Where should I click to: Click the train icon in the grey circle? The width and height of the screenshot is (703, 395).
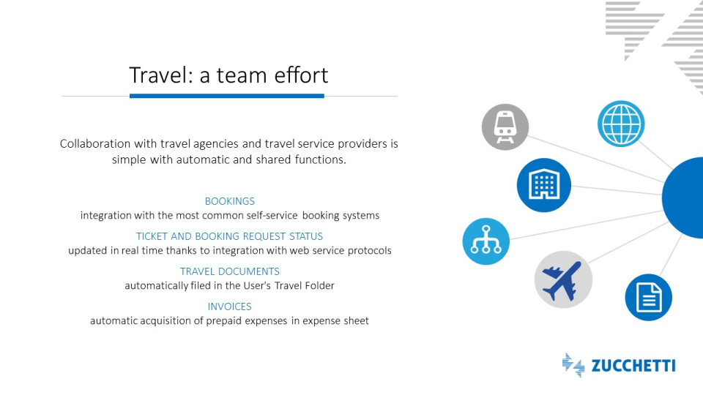[505, 127]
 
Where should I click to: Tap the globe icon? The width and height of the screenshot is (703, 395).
[621, 124]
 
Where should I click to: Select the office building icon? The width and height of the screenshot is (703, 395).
[544, 184]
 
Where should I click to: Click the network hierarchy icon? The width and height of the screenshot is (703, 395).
[486, 241]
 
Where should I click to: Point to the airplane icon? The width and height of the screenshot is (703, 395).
[562, 280]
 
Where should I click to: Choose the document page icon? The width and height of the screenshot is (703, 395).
[649, 298]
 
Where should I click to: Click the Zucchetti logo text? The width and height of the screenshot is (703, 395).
[633, 366]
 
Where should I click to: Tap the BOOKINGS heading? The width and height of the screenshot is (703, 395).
[229, 201]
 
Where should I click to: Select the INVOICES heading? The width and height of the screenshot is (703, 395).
[229, 306]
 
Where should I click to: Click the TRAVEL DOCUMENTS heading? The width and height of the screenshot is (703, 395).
[229, 271]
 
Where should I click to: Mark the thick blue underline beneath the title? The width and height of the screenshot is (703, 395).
[227, 96]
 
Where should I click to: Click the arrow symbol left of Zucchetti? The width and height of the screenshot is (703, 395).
[573, 365]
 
